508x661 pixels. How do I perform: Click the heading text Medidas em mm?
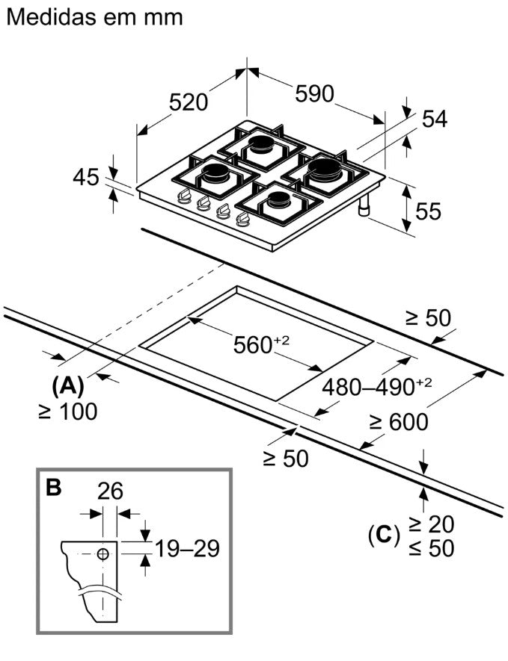click(95, 18)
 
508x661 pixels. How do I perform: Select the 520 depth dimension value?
click(189, 102)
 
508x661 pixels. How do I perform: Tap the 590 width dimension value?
click(314, 93)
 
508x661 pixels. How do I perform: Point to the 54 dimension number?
click(435, 119)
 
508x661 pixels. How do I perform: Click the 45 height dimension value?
click(86, 177)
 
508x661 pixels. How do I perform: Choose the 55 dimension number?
click(428, 211)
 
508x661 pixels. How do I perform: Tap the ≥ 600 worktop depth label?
click(399, 421)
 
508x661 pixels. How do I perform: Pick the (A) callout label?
click(67, 385)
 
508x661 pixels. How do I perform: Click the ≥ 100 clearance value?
click(67, 411)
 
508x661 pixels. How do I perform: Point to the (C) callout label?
click(384, 536)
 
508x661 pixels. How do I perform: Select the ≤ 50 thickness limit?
click(432, 548)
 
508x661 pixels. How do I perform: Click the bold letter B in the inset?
click(54, 487)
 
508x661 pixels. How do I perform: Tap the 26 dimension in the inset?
click(110, 491)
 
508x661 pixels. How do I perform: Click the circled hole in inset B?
click(103, 554)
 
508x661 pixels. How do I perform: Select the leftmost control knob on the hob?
click(184, 196)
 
